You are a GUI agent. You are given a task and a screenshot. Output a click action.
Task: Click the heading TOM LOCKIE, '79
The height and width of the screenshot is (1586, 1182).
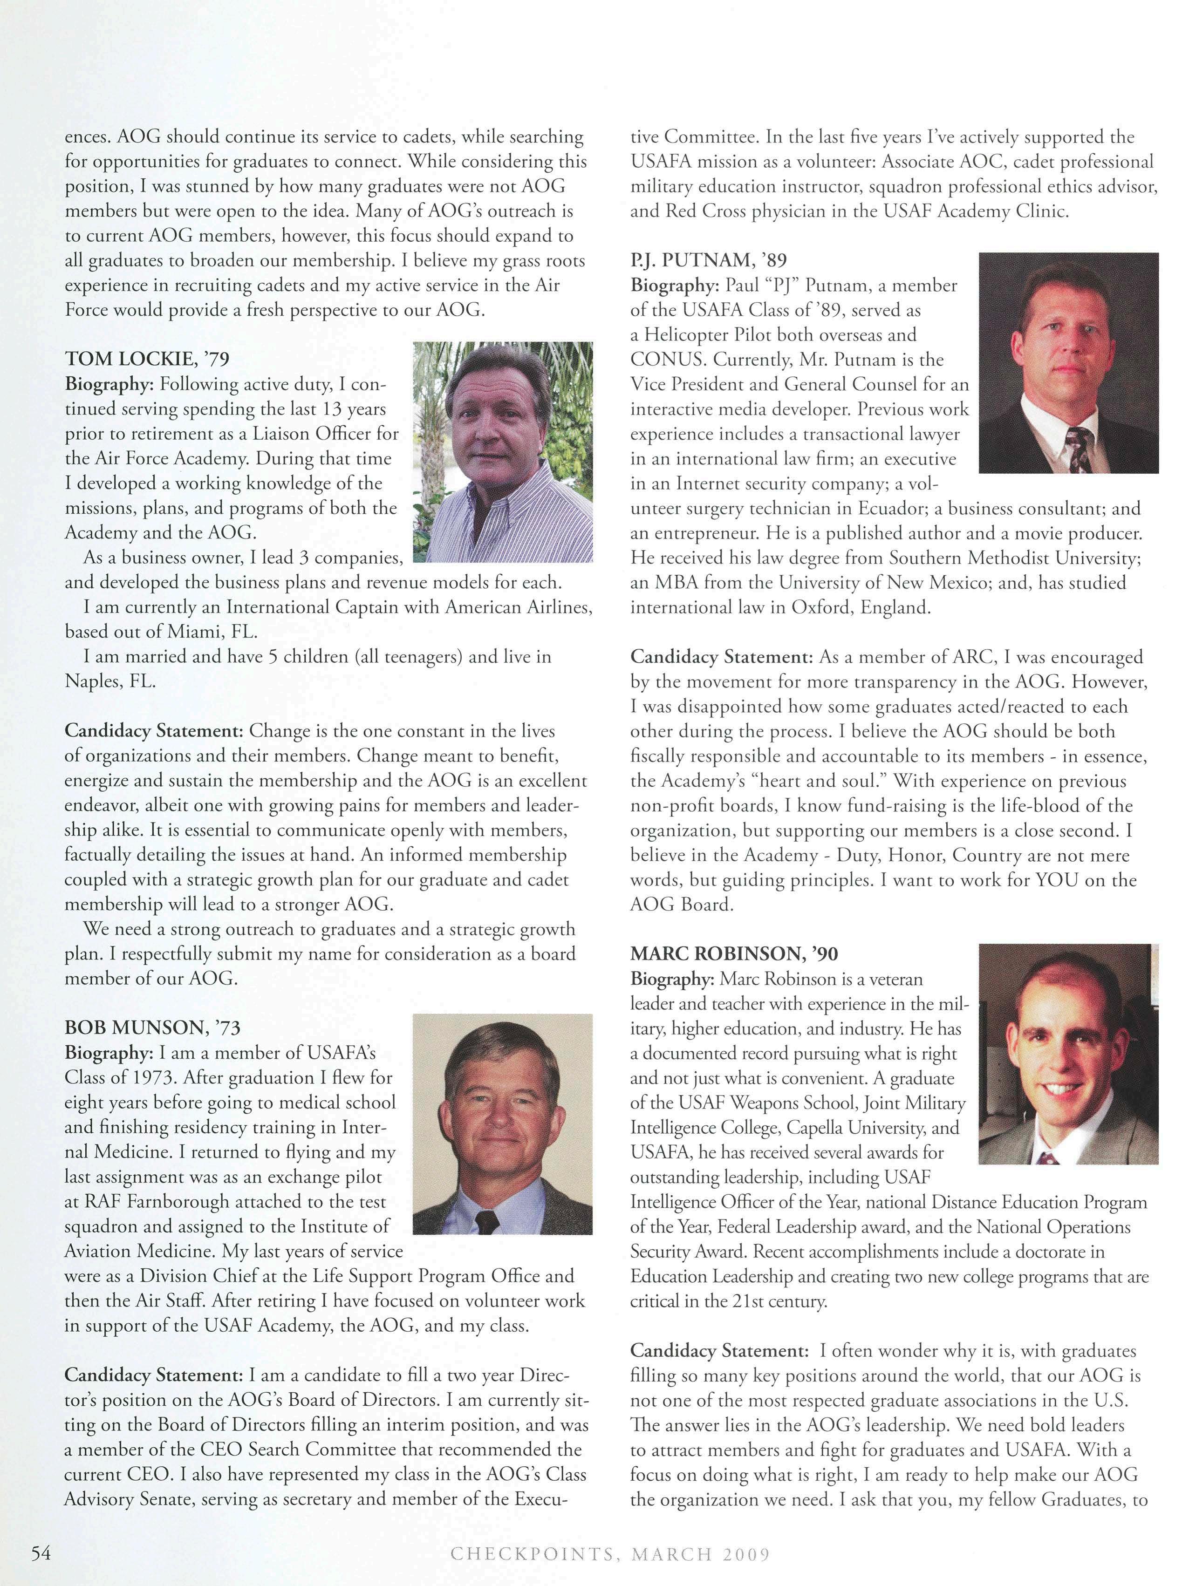pos(147,358)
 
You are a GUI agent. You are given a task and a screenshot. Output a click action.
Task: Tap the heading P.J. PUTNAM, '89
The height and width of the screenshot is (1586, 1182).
pos(708,260)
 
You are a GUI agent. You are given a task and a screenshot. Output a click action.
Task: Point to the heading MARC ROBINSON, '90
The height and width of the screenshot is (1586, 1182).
pos(734,953)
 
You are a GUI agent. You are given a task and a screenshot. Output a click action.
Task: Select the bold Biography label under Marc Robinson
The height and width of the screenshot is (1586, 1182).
pos(672,978)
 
